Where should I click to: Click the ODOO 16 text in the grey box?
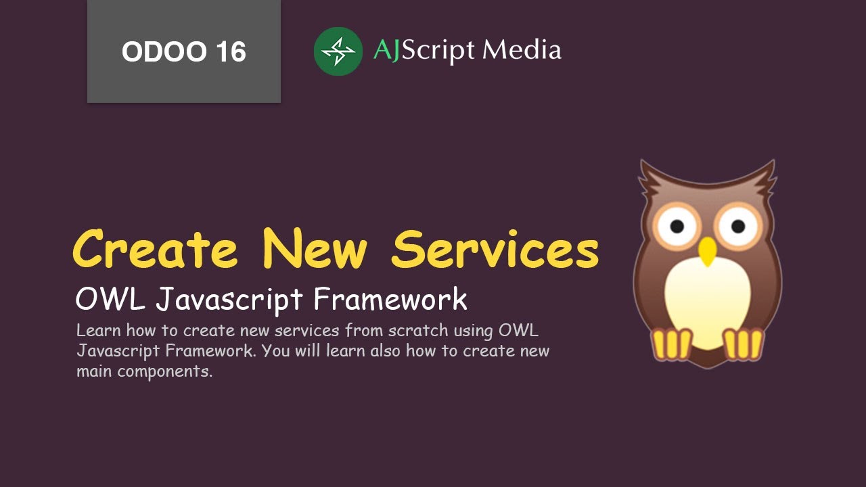click(183, 52)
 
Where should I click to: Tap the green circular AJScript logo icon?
click(338, 51)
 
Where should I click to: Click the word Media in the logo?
click(522, 51)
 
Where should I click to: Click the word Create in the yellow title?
click(156, 250)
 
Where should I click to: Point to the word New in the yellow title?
click(315, 250)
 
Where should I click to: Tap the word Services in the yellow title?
click(495, 250)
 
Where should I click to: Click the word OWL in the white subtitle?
click(110, 300)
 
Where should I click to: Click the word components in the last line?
click(164, 372)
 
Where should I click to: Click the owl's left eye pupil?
click(677, 225)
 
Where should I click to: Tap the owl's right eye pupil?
click(738, 225)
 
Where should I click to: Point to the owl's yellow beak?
click(708, 251)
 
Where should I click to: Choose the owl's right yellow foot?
click(744, 344)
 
